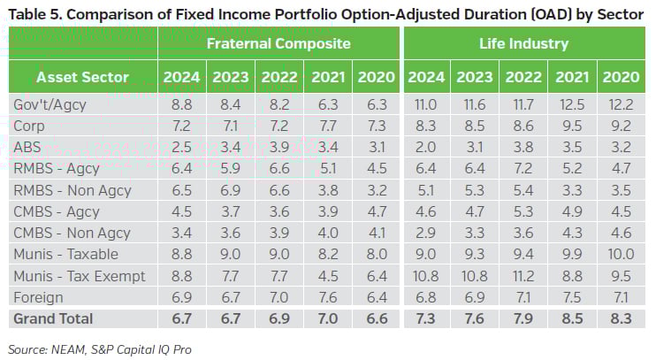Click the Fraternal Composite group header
point(278,42)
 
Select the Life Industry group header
point(525,42)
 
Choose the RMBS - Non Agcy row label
point(72,190)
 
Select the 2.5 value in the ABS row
point(181,149)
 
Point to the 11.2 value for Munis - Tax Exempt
point(523,275)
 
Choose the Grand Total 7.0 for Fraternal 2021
point(327,318)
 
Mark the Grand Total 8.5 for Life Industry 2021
point(572,318)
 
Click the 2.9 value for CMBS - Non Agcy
point(427,233)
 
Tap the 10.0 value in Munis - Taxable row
point(621,254)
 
